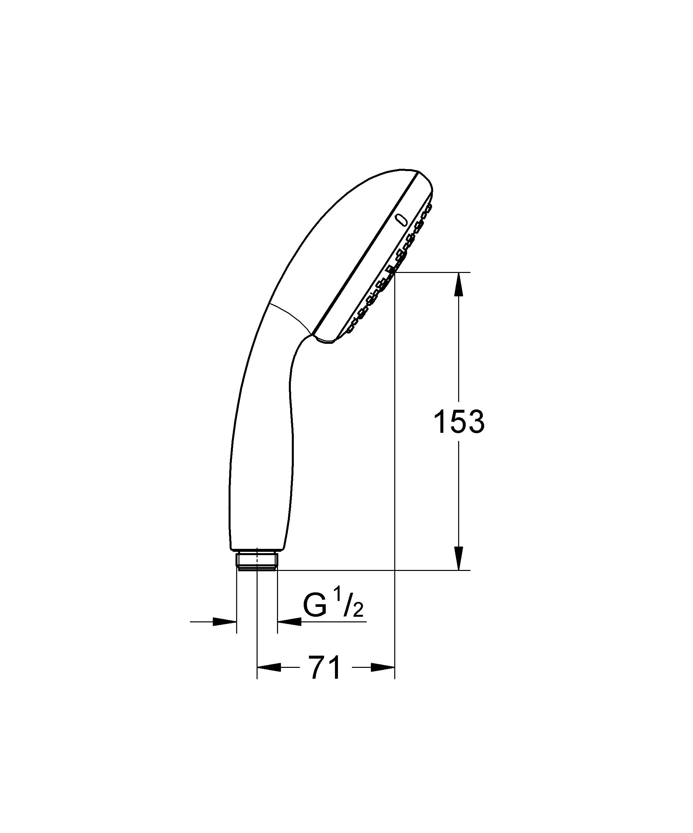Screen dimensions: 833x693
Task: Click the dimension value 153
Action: [459, 422]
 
